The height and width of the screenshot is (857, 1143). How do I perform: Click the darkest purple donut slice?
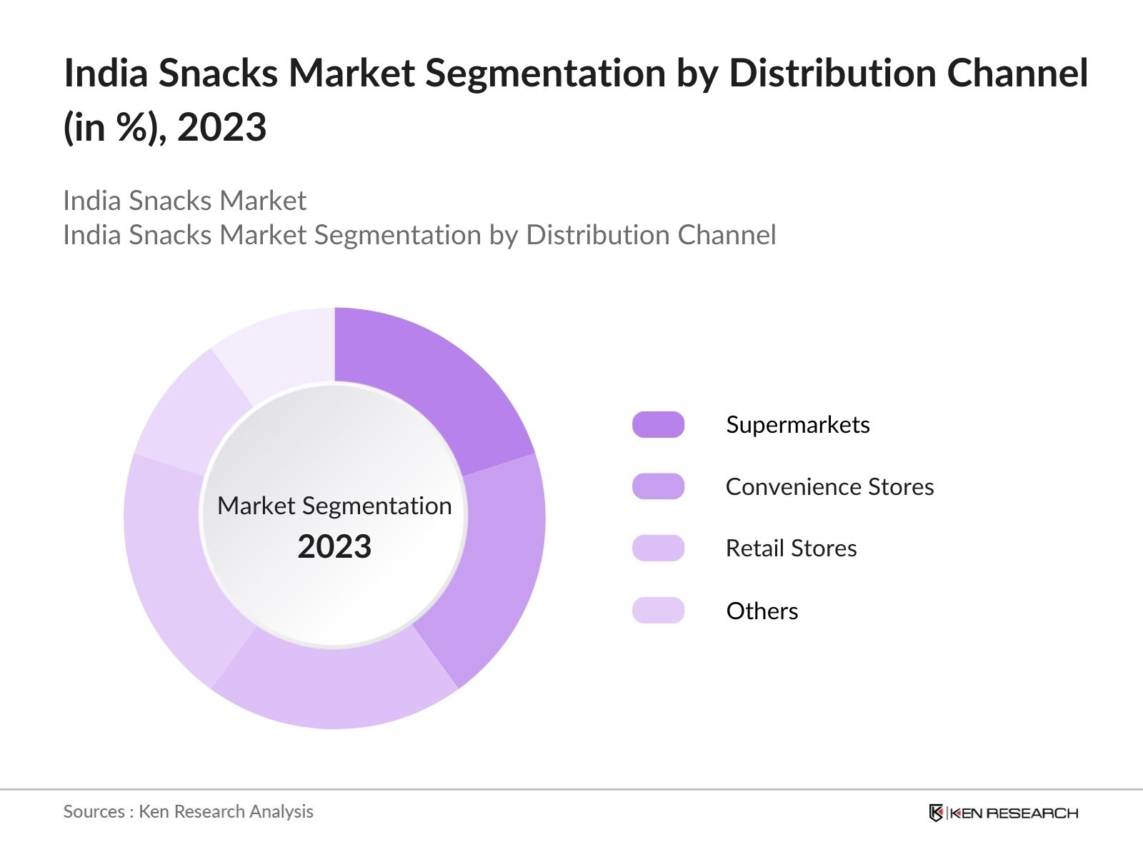click(x=429, y=386)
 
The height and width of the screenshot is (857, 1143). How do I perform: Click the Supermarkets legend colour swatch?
click(x=658, y=425)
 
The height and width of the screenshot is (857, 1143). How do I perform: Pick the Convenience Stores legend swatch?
click(x=658, y=486)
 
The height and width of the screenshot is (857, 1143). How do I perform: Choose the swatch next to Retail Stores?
click(x=658, y=548)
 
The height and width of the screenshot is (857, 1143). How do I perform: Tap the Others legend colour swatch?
click(x=658, y=611)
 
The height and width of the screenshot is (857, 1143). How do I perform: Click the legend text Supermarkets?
click(x=797, y=425)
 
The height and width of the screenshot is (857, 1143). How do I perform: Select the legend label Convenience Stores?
click(x=829, y=486)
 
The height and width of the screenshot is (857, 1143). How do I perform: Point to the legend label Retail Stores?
click(x=791, y=548)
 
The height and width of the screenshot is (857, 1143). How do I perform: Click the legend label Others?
click(x=762, y=611)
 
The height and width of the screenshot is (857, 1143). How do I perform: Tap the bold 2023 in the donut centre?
click(x=334, y=547)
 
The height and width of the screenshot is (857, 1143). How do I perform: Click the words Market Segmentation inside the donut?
click(x=334, y=506)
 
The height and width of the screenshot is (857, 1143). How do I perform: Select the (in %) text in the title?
click(x=114, y=129)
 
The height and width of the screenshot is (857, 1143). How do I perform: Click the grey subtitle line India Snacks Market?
click(x=184, y=201)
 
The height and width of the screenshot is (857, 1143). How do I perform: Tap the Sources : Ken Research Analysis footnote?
click(x=188, y=811)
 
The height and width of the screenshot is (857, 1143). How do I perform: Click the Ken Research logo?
click(x=1003, y=813)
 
